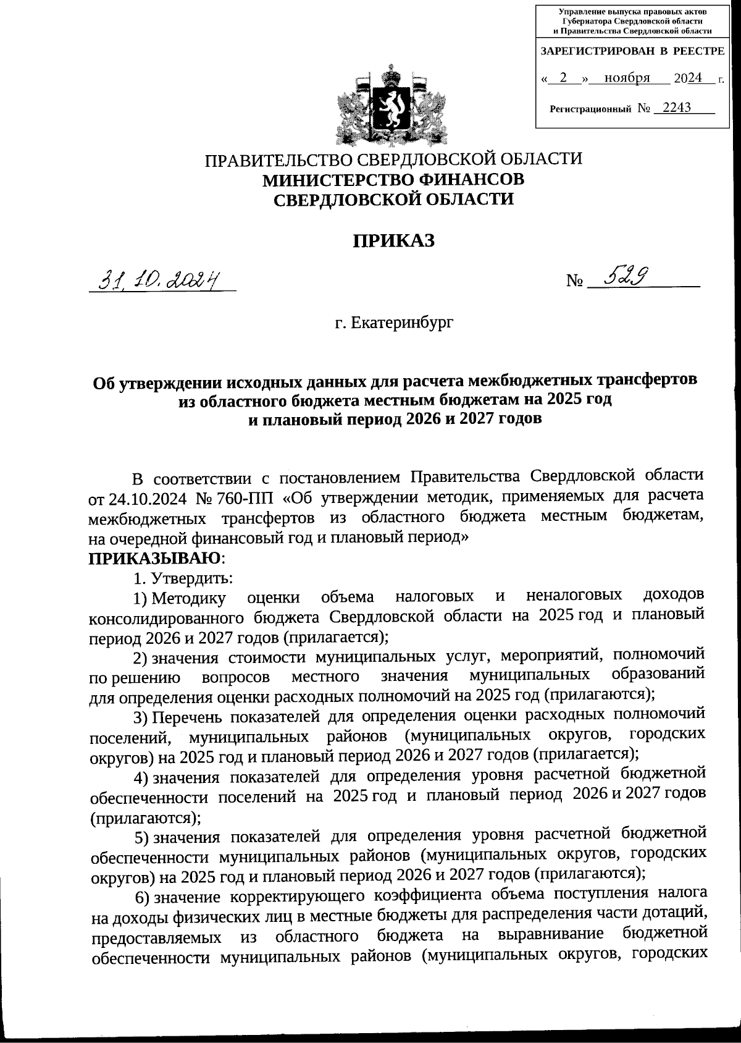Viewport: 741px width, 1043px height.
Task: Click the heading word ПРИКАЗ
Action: click(x=393, y=240)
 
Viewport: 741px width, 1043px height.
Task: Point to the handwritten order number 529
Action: click(x=624, y=278)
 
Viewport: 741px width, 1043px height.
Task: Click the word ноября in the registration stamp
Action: click(x=627, y=78)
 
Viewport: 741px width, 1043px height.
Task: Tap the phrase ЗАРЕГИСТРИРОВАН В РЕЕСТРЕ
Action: click(x=632, y=51)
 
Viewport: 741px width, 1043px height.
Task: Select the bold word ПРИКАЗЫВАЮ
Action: click(x=155, y=559)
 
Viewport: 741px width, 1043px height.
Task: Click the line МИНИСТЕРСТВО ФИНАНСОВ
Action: click(x=393, y=180)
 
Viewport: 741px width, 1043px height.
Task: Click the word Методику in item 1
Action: click(x=188, y=598)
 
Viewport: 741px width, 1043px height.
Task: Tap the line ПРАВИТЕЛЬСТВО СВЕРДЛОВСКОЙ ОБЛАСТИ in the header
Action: click(x=393, y=159)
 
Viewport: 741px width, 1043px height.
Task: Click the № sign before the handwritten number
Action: click(x=575, y=282)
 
